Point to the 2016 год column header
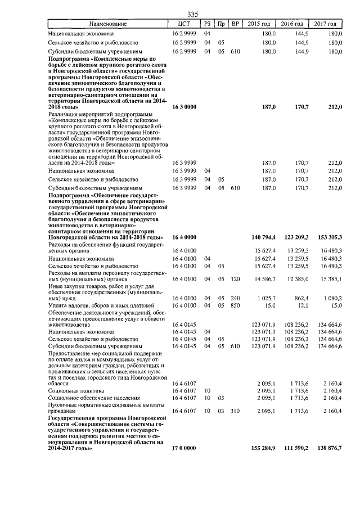[x=292, y=24]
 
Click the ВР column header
[x=236, y=24]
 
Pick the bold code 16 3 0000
[x=184, y=106]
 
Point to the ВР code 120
[x=236, y=279]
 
